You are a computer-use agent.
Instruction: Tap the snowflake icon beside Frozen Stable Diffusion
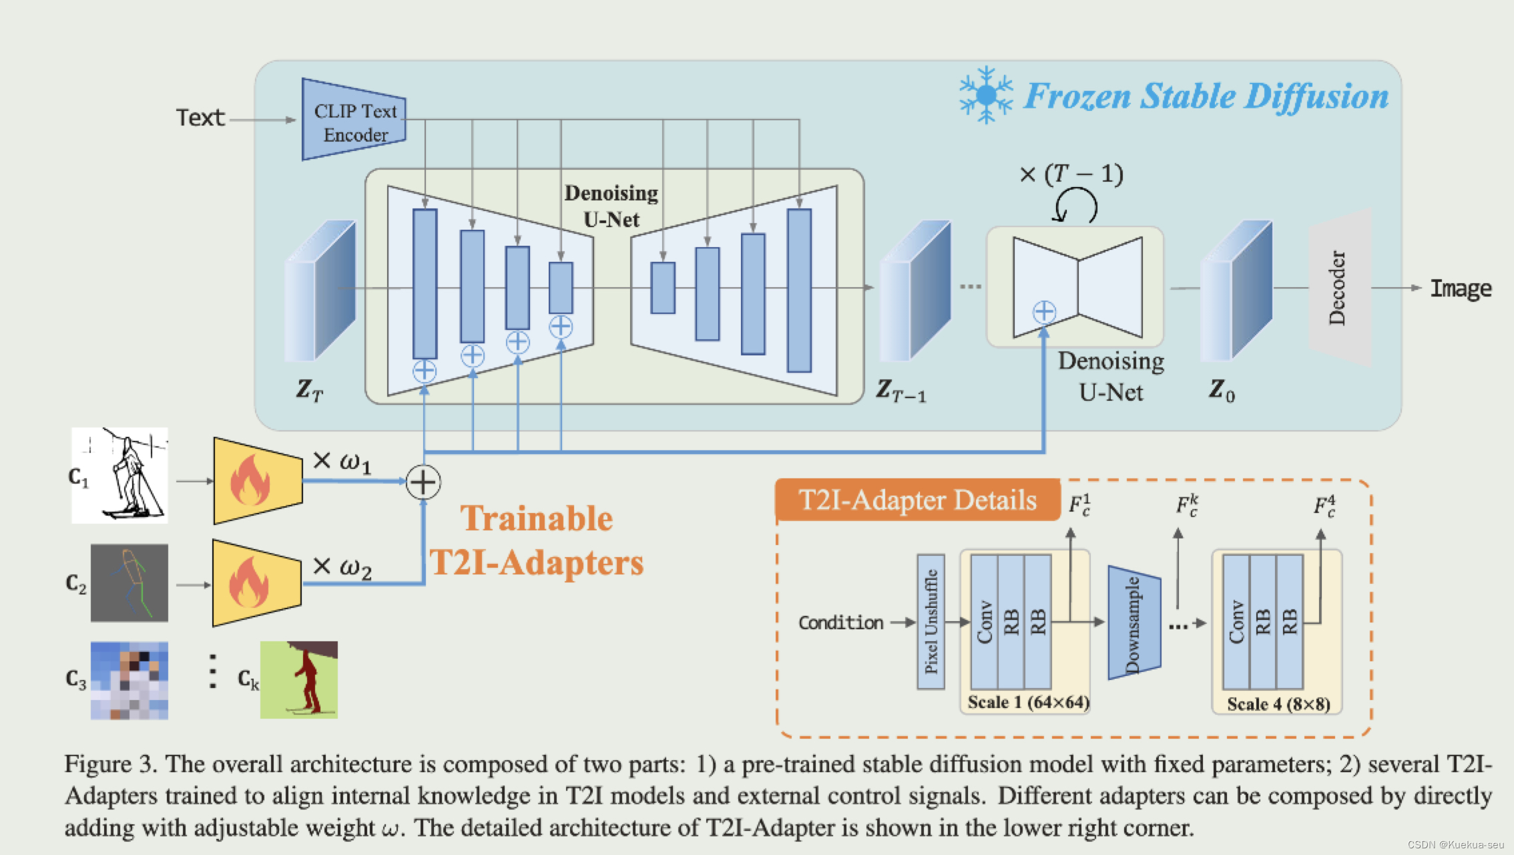986,95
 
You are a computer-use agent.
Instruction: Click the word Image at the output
1461,289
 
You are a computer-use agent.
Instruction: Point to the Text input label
200,118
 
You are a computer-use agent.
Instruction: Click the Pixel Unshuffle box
931,621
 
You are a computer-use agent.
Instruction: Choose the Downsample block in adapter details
1133,623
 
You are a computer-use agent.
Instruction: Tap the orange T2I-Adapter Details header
918,500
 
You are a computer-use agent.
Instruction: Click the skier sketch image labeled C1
120,476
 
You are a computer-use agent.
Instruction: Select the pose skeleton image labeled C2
130,583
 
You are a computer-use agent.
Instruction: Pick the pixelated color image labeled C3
130,681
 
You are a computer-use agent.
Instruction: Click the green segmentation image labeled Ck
299,680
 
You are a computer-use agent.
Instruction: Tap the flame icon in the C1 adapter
250,481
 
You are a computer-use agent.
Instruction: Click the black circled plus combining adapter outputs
423,482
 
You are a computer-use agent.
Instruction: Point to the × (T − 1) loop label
1071,175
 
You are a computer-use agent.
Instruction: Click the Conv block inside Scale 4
1236,622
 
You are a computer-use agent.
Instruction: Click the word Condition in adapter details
840,623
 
